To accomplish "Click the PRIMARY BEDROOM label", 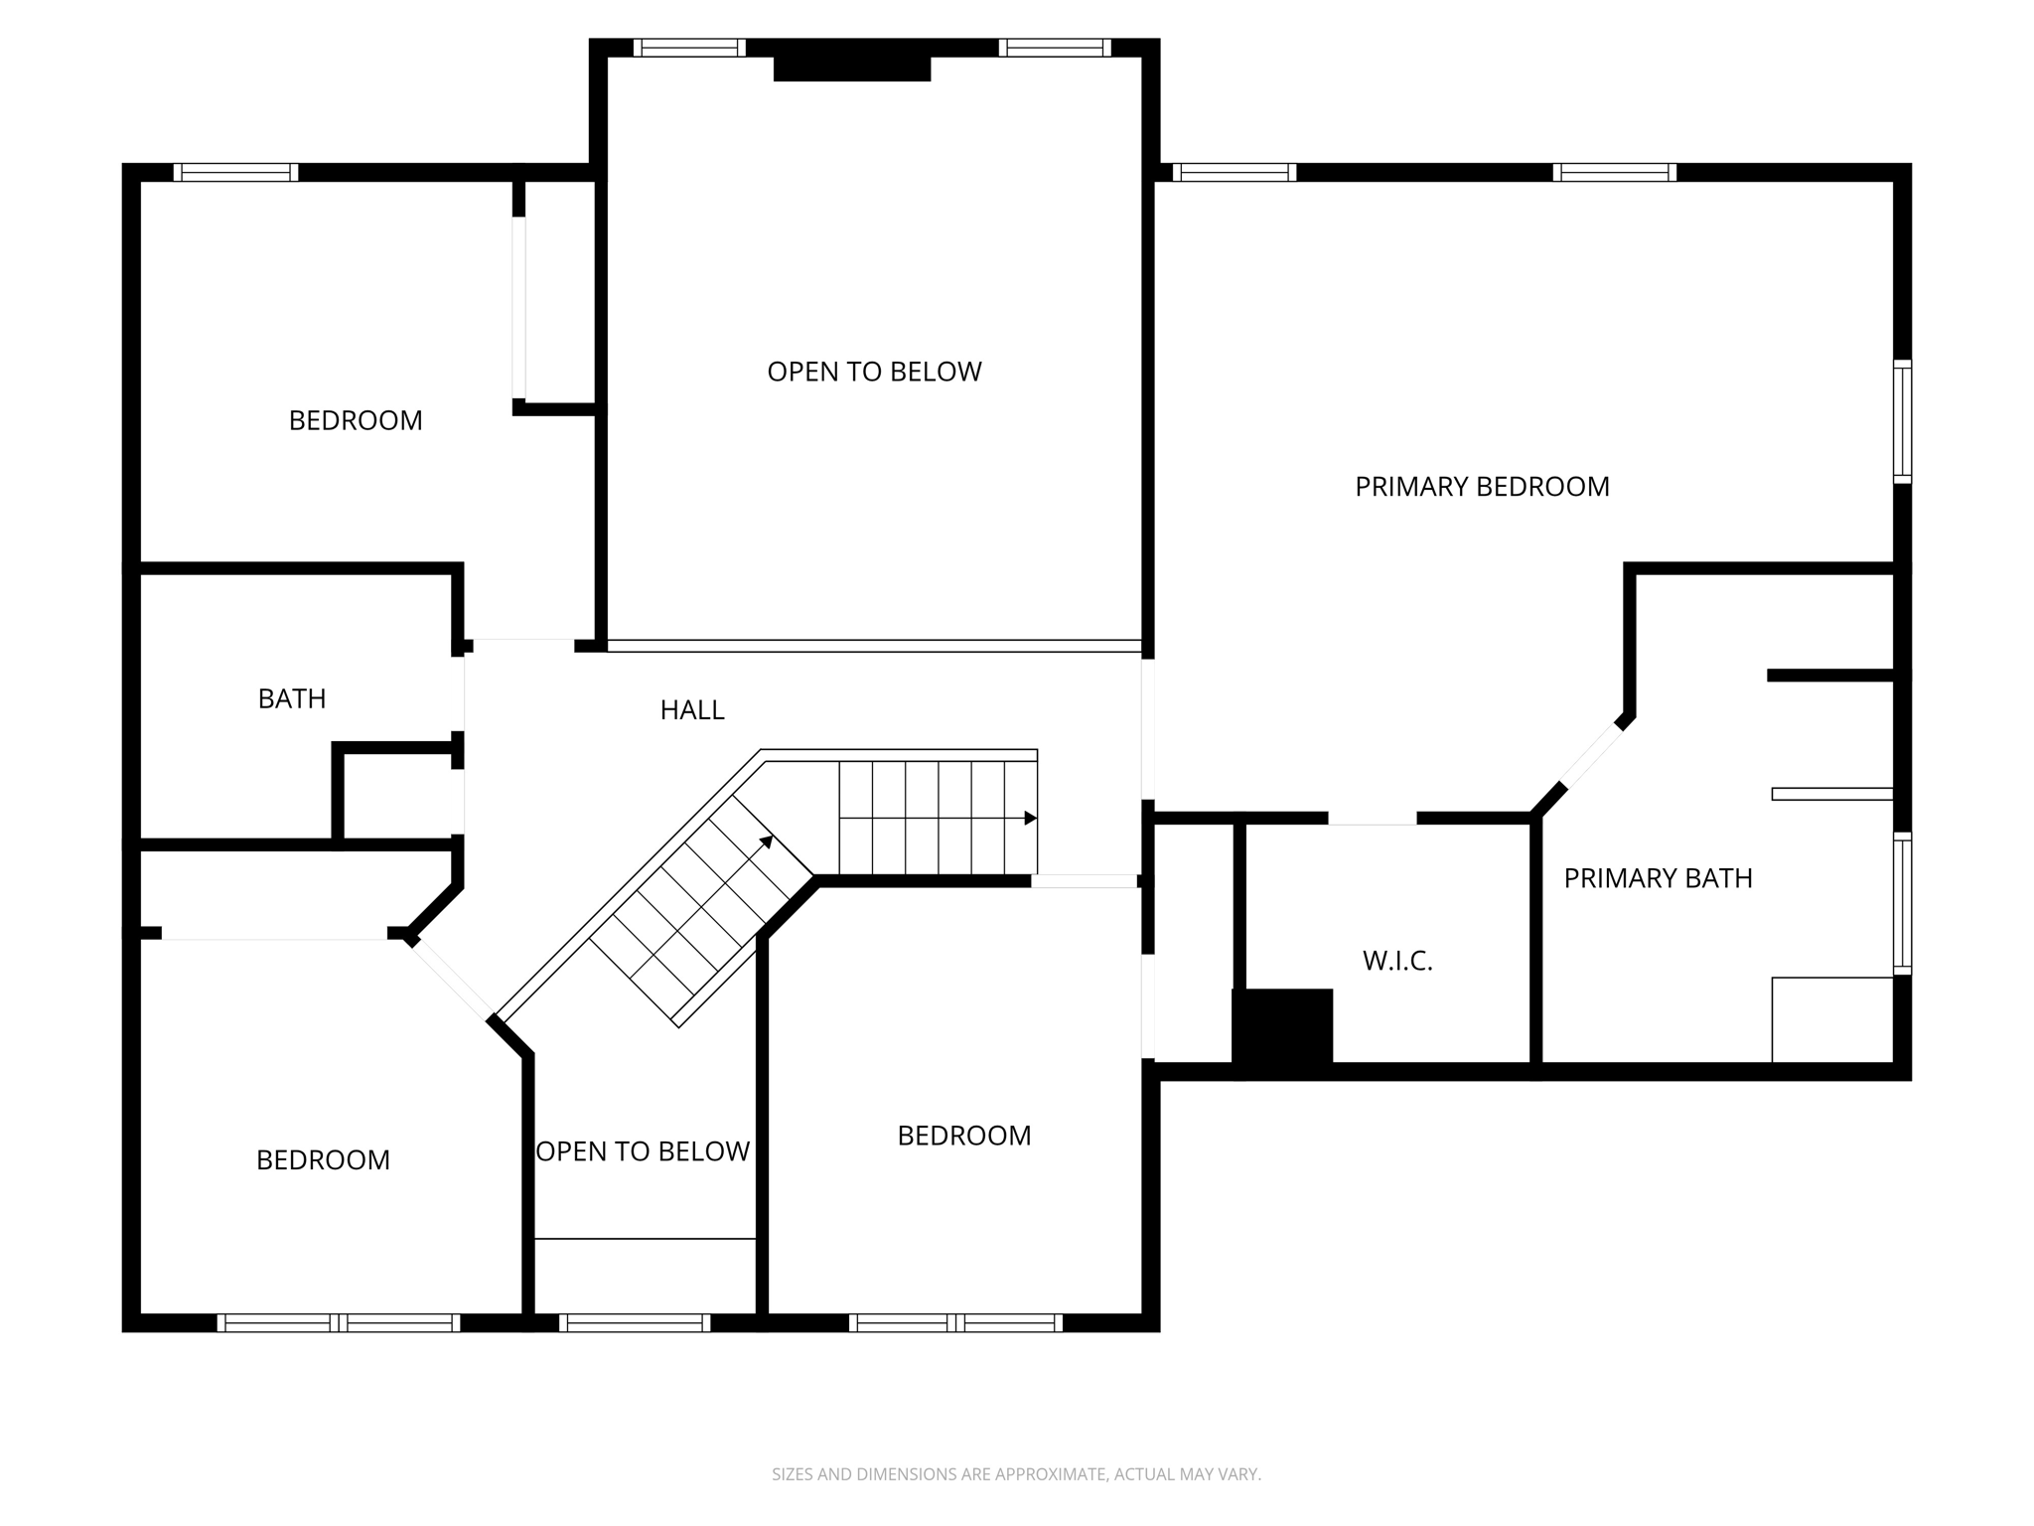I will coord(1481,487).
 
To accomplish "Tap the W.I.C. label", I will coord(1396,961).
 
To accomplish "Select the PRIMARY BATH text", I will coord(1657,878).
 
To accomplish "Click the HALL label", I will coord(692,710).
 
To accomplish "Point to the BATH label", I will coord(291,699).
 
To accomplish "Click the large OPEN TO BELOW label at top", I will coord(874,372).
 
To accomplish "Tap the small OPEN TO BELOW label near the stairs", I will coord(643,1151).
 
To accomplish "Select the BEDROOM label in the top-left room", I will coord(356,420).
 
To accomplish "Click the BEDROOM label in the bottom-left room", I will coord(323,1160).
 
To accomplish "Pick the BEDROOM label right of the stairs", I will coord(963,1136).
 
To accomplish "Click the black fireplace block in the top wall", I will coord(851,69).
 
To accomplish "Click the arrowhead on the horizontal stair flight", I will coord(1031,818).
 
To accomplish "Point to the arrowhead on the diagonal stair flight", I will coord(767,841).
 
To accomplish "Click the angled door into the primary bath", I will coord(1592,755).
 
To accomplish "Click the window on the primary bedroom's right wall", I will coord(1901,421).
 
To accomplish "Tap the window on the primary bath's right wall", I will coord(1901,903).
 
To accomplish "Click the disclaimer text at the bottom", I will coord(1016,1474).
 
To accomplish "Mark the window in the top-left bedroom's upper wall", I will coord(235,172).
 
